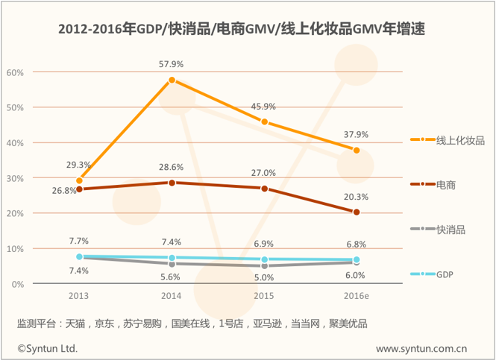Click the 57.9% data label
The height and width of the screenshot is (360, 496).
tap(171, 64)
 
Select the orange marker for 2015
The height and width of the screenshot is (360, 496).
tap(265, 122)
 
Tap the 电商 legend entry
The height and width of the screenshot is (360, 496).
tap(433, 185)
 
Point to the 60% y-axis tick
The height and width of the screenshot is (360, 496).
tap(15, 73)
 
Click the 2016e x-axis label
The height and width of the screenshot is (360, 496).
tap(357, 296)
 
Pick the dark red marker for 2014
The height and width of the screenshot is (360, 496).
tap(172, 183)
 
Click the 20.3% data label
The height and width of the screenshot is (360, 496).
tap(357, 197)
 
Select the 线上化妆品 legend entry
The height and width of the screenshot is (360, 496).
tap(448, 140)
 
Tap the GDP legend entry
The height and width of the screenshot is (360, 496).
tap(431, 274)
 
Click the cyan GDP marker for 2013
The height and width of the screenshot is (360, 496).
tap(79, 256)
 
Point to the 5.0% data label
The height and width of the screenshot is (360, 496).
tap(264, 277)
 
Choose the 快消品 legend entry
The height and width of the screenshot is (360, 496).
tap(438, 230)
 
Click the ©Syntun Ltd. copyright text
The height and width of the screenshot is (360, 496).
tap(48, 348)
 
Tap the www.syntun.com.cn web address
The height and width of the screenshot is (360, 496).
tap(421, 349)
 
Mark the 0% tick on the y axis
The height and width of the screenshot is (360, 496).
tap(18, 285)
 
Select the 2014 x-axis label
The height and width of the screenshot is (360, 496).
tap(171, 296)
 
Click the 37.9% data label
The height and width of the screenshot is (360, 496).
tap(357, 135)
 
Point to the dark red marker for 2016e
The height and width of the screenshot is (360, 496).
tap(357, 212)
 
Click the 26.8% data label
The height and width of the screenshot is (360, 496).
tap(64, 191)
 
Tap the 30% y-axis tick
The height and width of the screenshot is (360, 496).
tap(15, 179)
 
